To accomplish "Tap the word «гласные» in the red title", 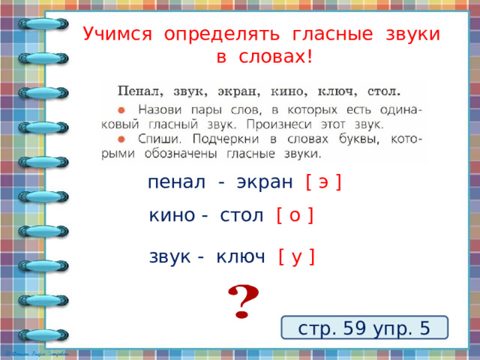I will pyautogui.click(x=328, y=34).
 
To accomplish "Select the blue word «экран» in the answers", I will pyautogui.click(x=264, y=181).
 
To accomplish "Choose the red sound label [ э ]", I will pyautogui.click(x=324, y=181).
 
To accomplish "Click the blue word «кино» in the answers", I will pyautogui.click(x=173, y=217).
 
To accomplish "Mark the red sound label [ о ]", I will pyautogui.click(x=295, y=217).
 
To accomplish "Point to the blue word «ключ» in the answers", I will pyautogui.click(x=240, y=257).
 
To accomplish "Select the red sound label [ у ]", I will pyautogui.click(x=296, y=257).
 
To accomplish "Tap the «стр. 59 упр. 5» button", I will pyautogui.click(x=364, y=328).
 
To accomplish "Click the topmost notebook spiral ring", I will pyautogui.click(x=43, y=25).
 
